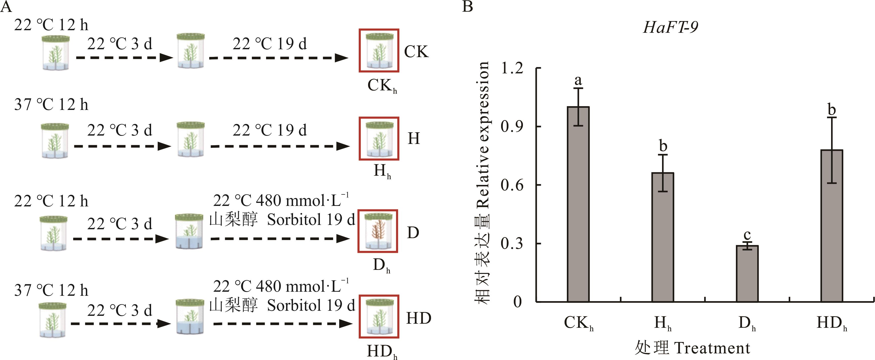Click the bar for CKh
[x=578, y=204]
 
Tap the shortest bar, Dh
[x=747, y=273]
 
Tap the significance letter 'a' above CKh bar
[x=578, y=81]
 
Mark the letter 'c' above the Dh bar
[x=747, y=235]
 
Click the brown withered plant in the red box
[x=377, y=231]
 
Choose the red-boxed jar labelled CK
[x=379, y=51]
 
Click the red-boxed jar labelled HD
[x=379, y=317]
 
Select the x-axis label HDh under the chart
[x=832, y=323]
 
